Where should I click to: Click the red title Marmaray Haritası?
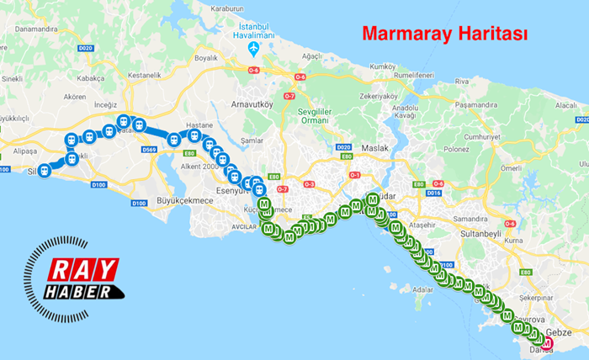(x=444, y=34)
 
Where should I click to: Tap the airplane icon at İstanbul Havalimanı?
(x=254, y=50)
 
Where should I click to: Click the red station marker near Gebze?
(x=547, y=343)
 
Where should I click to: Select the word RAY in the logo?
(x=82, y=270)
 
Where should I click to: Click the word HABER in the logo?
(x=83, y=292)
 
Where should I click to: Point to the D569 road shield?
(x=149, y=150)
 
